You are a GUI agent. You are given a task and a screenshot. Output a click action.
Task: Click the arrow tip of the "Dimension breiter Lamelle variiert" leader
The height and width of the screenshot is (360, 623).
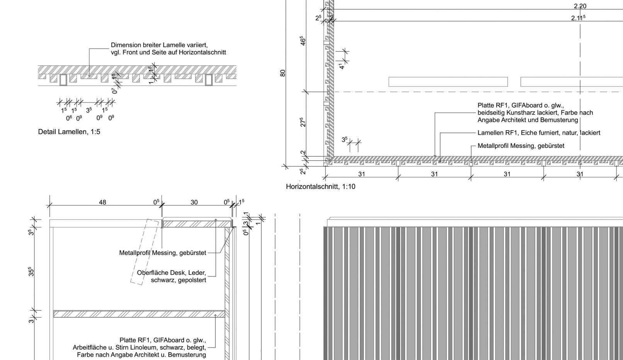[x=89, y=76]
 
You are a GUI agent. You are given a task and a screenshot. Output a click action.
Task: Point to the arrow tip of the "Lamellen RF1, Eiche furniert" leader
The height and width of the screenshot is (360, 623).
[x=440, y=162]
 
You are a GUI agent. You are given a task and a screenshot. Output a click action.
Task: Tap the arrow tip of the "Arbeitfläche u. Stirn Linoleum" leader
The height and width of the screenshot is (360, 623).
[x=215, y=315]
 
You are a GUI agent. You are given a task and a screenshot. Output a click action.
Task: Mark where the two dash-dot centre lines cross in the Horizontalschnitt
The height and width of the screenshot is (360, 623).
[x=580, y=92]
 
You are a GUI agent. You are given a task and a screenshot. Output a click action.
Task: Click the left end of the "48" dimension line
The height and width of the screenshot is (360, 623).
[x=50, y=205]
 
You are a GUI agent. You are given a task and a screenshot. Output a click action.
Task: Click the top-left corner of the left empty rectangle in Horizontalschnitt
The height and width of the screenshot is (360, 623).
[x=389, y=77]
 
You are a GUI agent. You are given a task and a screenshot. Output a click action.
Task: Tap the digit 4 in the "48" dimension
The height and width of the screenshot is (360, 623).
[x=101, y=202]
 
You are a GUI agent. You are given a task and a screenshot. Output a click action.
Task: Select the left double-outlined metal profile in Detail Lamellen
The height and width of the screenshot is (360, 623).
[x=63, y=80]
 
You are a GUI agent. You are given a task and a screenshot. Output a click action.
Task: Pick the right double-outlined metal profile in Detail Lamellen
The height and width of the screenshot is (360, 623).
[x=209, y=80]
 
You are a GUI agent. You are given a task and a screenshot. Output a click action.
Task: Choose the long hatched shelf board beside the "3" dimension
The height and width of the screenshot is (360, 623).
[x=139, y=314]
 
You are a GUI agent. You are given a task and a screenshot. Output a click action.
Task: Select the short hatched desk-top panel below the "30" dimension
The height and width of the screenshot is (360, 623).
[x=197, y=224]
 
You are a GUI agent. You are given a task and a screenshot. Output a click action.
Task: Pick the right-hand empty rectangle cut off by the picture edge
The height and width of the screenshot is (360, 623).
[x=572, y=82]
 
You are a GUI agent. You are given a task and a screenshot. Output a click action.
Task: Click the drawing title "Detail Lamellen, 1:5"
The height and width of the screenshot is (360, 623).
[x=69, y=132]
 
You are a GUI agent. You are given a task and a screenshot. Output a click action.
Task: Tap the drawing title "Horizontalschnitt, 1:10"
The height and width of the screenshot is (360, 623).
[x=321, y=187]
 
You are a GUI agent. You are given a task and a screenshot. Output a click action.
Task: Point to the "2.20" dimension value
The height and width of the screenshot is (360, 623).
[x=580, y=6]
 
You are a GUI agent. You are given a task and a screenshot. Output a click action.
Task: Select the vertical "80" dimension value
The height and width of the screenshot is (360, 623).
[x=283, y=73]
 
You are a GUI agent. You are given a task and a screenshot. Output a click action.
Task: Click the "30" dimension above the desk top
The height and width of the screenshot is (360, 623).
[x=194, y=202]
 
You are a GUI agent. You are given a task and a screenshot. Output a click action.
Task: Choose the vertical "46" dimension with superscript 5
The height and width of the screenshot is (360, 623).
[x=303, y=40]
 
